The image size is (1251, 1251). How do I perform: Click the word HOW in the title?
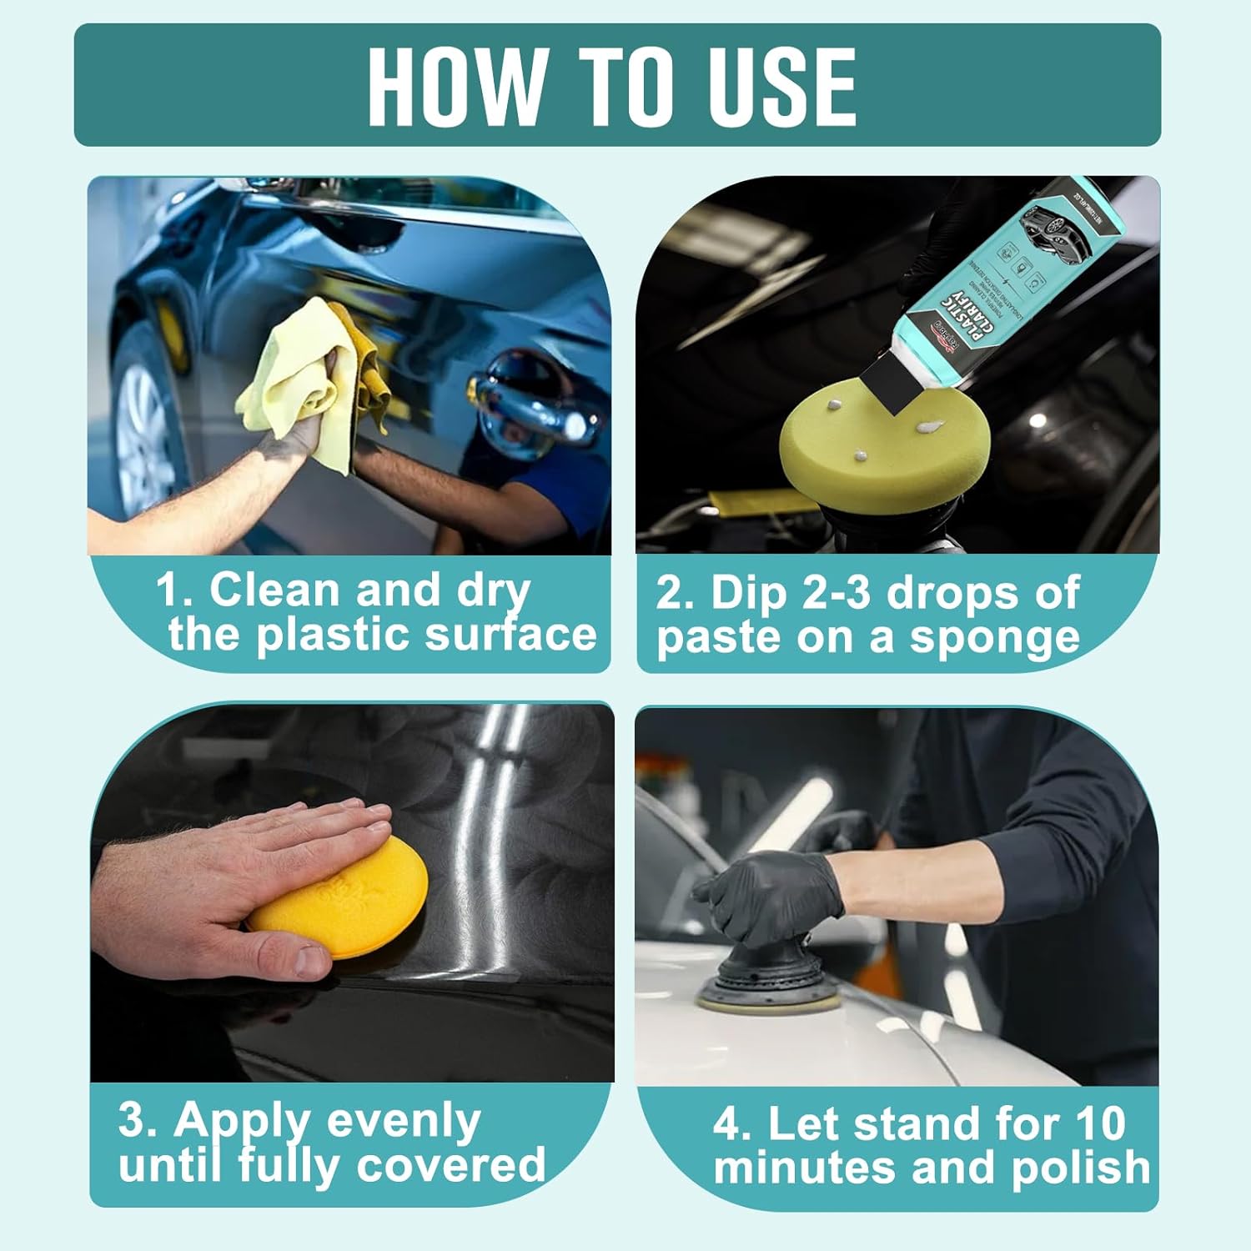tap(455, 86)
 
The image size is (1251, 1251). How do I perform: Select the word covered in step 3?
tap(450, 1164)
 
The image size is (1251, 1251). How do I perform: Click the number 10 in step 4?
tap(1100, 1123)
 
